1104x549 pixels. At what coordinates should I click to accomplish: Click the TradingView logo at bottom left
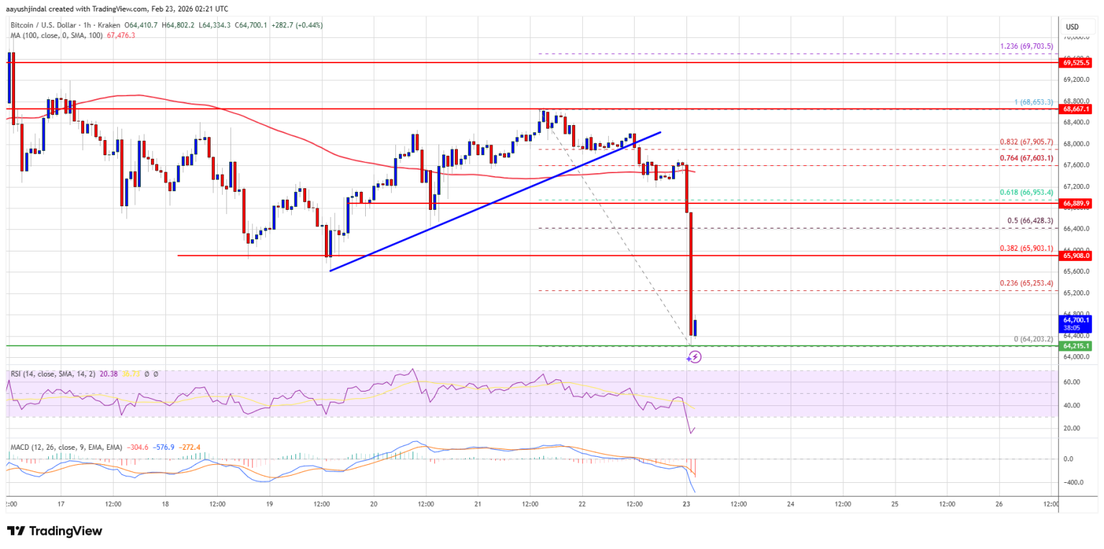click(55, 531)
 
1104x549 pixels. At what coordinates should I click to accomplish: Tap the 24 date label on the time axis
click(790, 504)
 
